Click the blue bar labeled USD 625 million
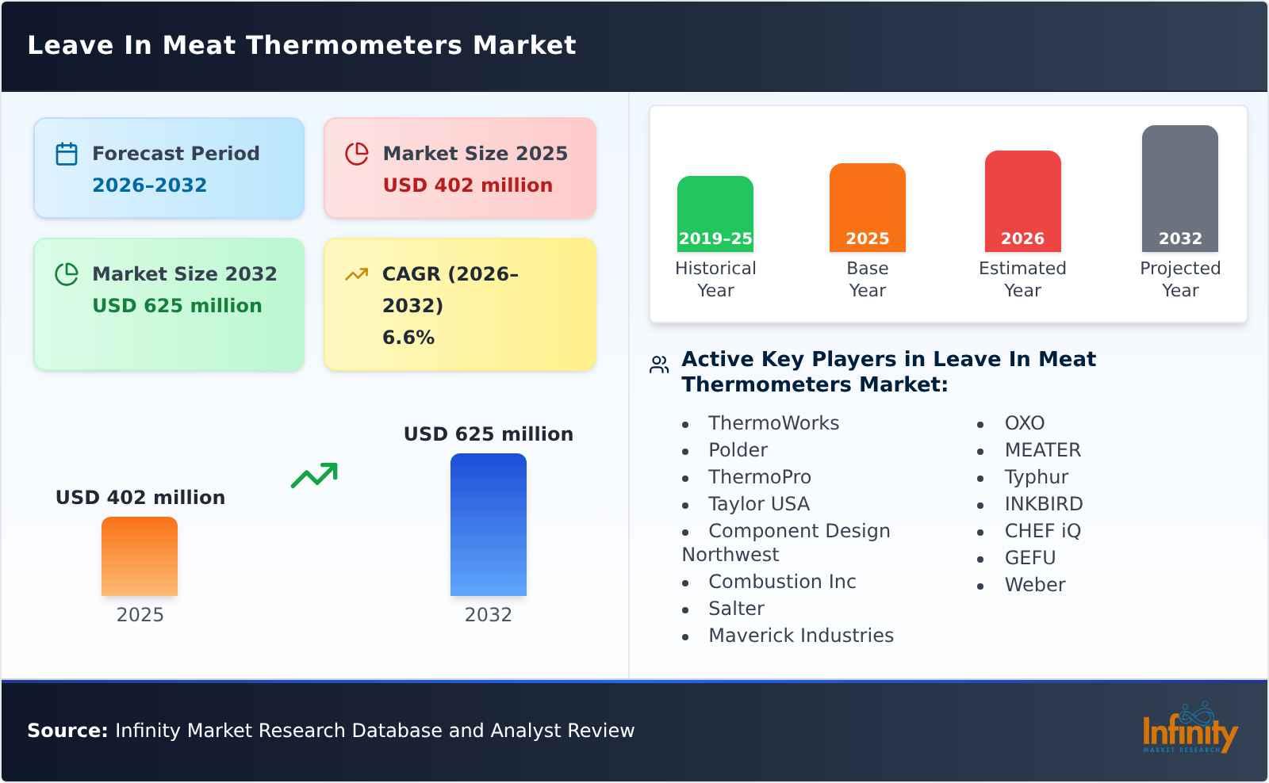[488, 524]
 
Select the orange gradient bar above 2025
[140, 556]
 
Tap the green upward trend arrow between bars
[314, 476]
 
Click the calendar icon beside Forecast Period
[67, 154]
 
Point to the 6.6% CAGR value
[408, 338]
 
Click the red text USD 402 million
[467, 185]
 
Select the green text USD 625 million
[177, 306]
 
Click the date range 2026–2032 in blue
[149, 185]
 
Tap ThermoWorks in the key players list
[773, 423]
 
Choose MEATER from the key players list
[1042, 450]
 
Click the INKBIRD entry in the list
[1043, 504]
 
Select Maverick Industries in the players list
[800, 636]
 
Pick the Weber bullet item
[1034, 585]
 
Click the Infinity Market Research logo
[1189, 729]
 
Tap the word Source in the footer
[67, 731]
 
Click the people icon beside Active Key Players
[659, 365]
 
